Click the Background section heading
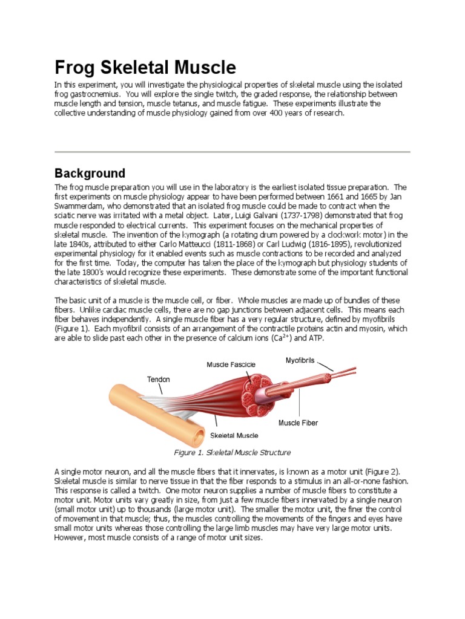[x=90, y=173]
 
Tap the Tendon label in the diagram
[x=159, y=380]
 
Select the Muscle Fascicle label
[x=231, y=365]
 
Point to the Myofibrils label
[x=300, y=360]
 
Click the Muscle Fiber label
[x=298, y=423]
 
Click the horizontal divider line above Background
[x=232, y=151]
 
